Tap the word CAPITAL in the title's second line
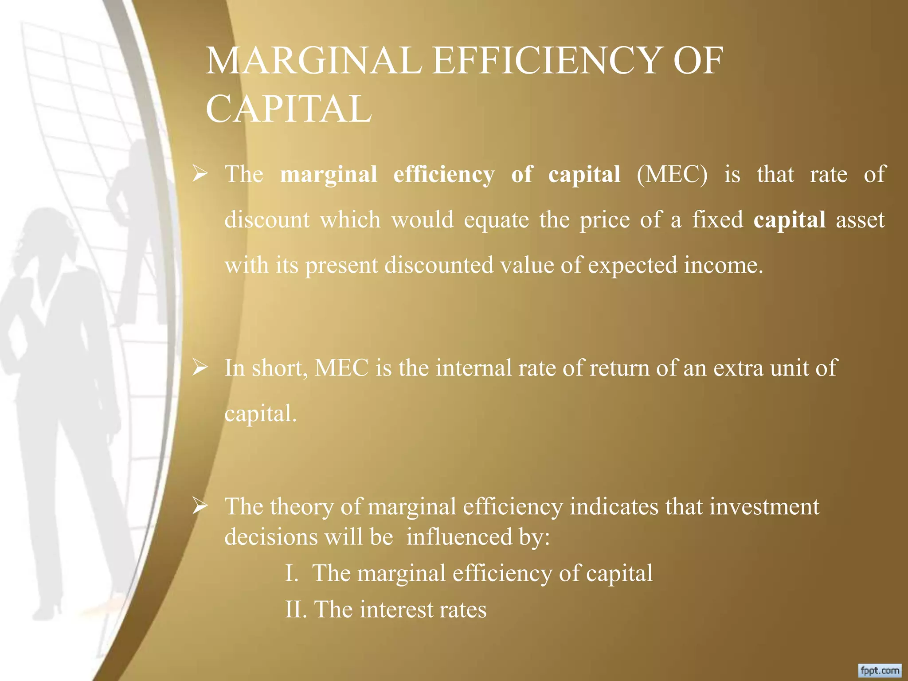pos(288,109)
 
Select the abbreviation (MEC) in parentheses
pos(672,174)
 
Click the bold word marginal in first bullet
pos(329,174)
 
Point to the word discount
pos(267,219)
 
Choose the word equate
pos(496,219)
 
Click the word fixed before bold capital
pos(717,219)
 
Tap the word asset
pos(860,219)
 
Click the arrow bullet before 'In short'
pos(200,368)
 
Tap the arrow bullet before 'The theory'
pos(200,506)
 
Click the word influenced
pos(459,537)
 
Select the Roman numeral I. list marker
pos(291,573)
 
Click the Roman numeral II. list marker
pos(296,609)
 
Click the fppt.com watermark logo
pos(880,670)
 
